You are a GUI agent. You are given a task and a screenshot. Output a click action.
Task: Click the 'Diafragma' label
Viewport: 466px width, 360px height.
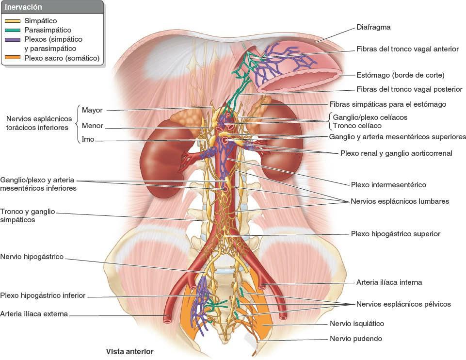(x=373, y=28)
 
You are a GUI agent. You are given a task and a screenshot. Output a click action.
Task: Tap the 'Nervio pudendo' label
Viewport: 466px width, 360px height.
(x=356, y=339)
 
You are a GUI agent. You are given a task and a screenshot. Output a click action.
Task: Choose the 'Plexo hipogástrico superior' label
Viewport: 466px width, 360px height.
(x=395, y=234)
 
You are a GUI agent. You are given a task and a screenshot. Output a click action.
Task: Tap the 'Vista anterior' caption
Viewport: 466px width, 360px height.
(x=130, y=351)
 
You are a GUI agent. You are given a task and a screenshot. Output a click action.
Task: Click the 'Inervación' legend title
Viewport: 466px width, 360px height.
(x=23, y=8)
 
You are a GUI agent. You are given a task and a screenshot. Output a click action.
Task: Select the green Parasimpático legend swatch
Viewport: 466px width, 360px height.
(x=12, y=30)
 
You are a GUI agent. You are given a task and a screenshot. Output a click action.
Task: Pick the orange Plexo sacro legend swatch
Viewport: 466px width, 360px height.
(x=12, y=58)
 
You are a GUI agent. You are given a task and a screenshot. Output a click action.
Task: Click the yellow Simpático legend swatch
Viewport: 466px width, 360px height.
(x=12, y=21)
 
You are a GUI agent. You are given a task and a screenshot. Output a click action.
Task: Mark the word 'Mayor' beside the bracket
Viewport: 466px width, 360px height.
(x=92, y=110)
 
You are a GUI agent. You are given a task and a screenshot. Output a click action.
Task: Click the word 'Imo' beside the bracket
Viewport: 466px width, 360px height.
(x=88, y=140)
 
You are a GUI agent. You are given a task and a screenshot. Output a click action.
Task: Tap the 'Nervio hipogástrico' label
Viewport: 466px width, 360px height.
(x=32, y=257)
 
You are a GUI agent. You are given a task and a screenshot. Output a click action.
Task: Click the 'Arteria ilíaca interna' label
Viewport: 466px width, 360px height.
(x=389, y=282)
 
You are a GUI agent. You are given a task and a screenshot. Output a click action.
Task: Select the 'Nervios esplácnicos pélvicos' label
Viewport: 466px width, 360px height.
(x=403, y=304)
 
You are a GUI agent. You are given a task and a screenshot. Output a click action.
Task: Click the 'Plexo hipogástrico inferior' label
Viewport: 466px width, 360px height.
(x=43, y=295)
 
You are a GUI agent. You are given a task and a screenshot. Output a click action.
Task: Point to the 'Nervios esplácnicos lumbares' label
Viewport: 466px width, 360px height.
(x=400, y=201)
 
